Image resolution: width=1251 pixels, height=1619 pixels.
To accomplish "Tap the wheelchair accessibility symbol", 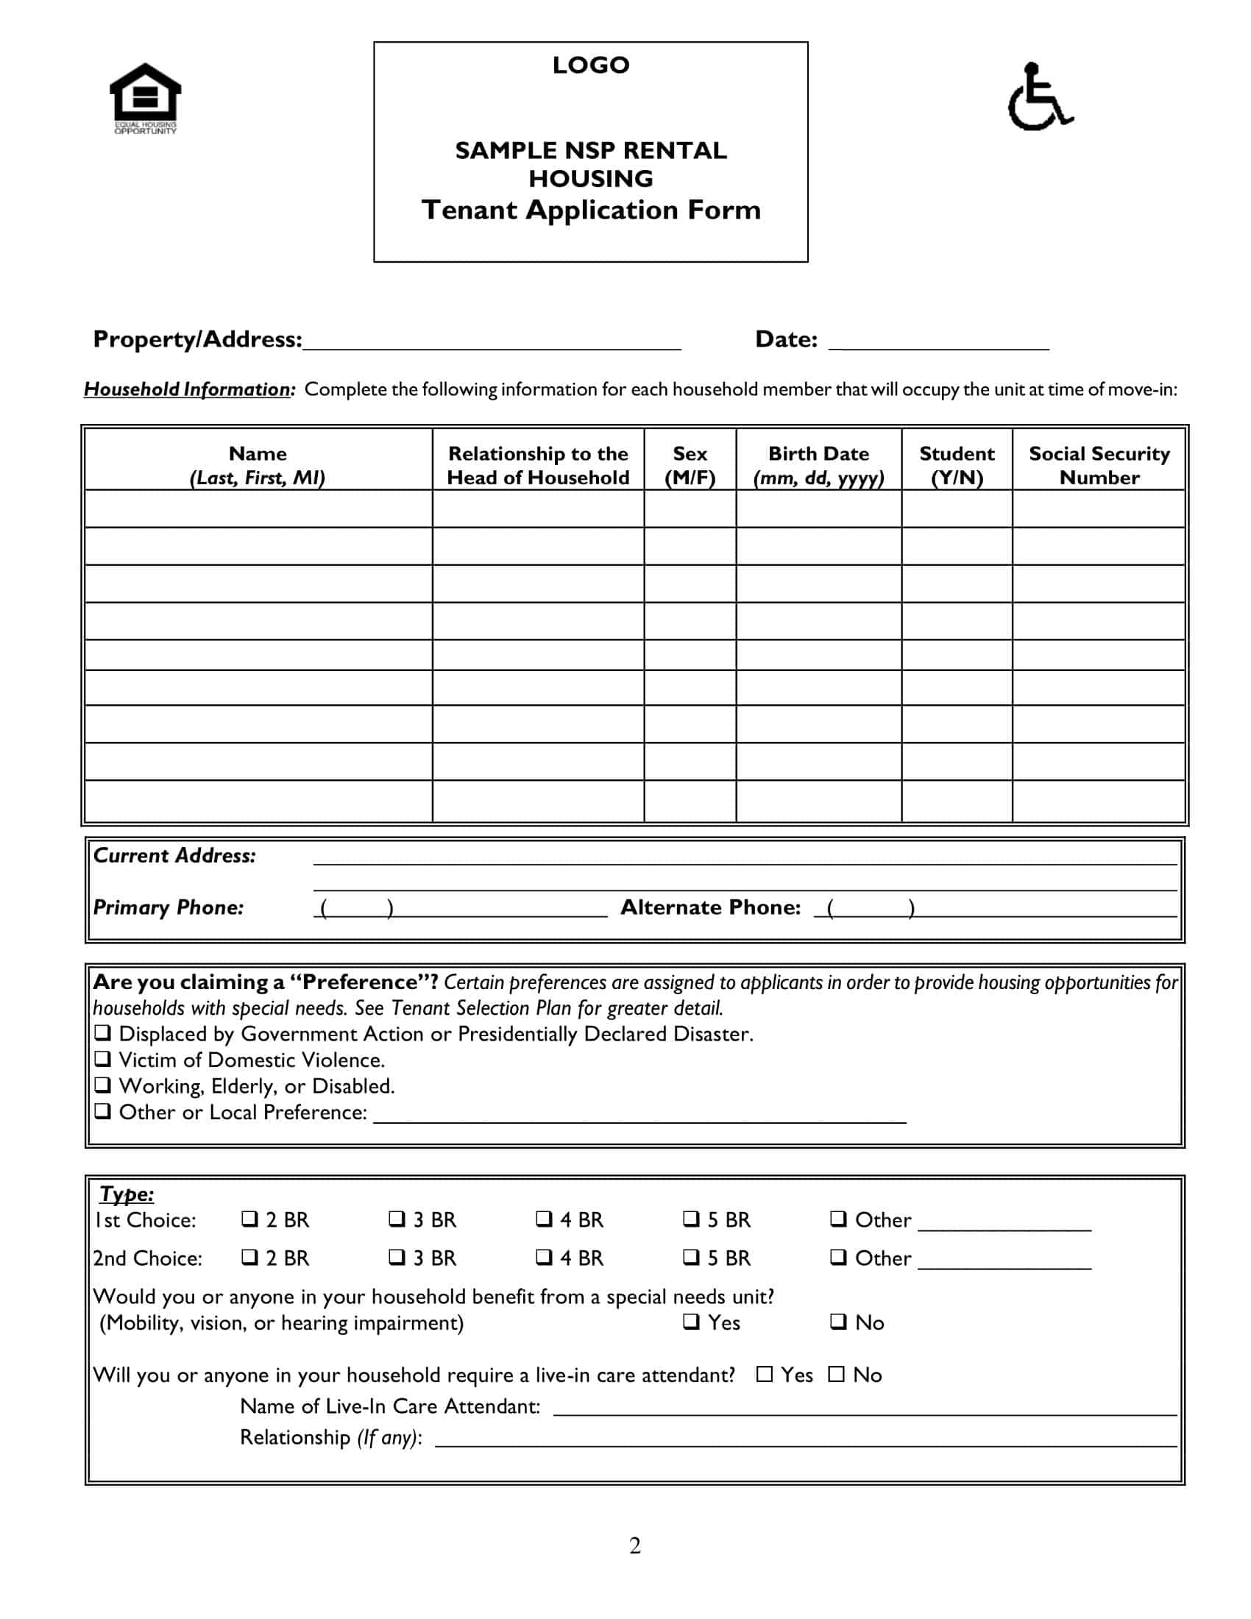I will (1039, 97).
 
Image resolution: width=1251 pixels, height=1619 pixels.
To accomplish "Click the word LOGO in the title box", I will (591, 65).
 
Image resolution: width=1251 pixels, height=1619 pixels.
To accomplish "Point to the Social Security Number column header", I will (1099, 465).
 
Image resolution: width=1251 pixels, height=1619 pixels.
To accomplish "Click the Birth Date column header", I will (818, 465).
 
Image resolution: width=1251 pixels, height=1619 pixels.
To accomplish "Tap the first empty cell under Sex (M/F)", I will (690, 509).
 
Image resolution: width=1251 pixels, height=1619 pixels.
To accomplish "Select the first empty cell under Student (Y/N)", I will (956, 509).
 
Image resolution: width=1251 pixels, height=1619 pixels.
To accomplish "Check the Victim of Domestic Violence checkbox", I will (103, 1058).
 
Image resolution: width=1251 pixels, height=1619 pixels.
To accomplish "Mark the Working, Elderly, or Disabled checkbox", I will (103, 1085).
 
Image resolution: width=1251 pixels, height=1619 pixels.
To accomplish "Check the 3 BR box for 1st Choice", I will (397, 1219).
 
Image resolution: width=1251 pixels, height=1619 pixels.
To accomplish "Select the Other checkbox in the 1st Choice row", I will (838, 1219).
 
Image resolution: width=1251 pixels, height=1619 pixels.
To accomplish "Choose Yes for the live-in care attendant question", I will (764, 1374).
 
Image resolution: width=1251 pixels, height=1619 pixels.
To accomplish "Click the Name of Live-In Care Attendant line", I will (864, 1409).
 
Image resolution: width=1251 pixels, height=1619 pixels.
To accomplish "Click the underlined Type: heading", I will (127, 1194).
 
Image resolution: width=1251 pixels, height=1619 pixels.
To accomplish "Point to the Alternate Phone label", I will (710, 907).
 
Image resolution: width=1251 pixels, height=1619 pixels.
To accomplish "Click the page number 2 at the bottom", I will (634, 1545).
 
